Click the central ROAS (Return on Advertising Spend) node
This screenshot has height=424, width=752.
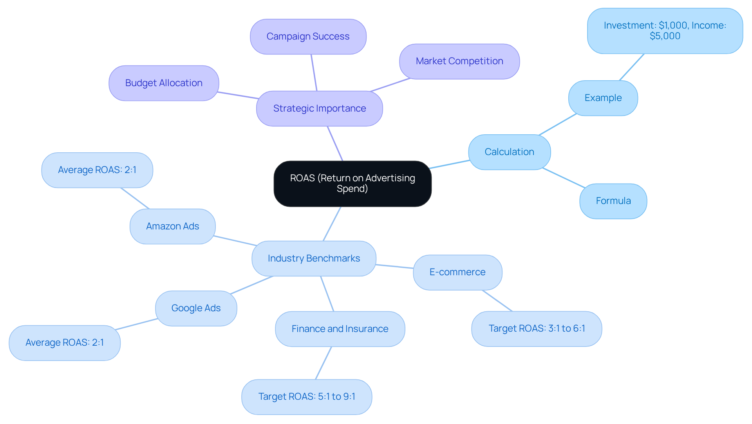[352, 184]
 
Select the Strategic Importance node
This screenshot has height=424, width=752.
[320, 108]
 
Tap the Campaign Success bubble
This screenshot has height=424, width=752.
[308, 36]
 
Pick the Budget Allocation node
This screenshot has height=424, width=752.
[164, 83]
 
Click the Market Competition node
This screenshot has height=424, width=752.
[459, 61]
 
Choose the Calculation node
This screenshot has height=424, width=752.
[509, 152]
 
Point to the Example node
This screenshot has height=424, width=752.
[603, 98]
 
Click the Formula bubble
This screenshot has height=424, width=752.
[613, 201]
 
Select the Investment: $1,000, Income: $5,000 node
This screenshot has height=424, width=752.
[665, 31]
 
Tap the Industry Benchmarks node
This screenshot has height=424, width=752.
[314, 258]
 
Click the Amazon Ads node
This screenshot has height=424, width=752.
[172, 226]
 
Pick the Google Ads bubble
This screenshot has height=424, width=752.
[196, 308]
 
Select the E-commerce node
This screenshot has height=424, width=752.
[457, 272]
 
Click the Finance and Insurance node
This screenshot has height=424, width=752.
[340, 329]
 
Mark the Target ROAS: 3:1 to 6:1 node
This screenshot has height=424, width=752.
[537, 328]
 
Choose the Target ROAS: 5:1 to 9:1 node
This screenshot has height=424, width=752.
[307, 397]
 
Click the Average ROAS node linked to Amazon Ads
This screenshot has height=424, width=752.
[97, 170]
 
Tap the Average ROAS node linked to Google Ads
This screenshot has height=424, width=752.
[65, 343]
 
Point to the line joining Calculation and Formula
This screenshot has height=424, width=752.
[564, 178]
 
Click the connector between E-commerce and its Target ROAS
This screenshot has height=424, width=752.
[497, 301]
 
